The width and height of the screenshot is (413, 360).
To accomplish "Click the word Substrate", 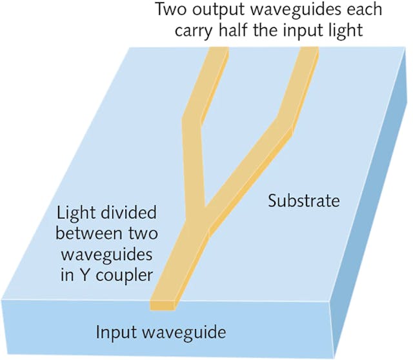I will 303,201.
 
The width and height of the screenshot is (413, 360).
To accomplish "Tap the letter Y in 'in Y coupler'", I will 78,275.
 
